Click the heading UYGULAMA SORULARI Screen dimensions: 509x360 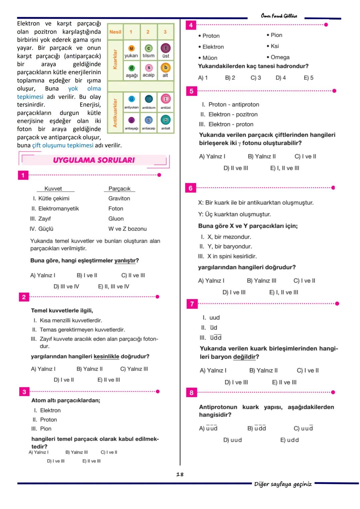pyautogui.click(x=94, y=160)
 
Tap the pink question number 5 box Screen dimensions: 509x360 pyautogui.click(x=191, y=91)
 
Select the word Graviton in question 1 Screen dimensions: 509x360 pyautogui.click(x=119, y=198)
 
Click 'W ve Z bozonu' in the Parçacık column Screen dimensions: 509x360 pyautogui.click(x=127, y=229)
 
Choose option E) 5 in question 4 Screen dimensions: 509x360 pyautogui.click(x=308, y=78)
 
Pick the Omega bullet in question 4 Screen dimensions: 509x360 pyautogui.click(x=278, y=57)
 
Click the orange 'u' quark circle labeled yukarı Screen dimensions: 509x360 pyautogui.click(x=131, y=48)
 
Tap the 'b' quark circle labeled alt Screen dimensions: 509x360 pyautogui.click(x=165, y=68)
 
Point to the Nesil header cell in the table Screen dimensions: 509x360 pyautogui.click(x=115, y=32)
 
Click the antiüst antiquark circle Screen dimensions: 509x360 pyautogui.click(x=166, y=99)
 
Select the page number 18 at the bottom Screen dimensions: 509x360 pyautogui.click(x=180, y=474)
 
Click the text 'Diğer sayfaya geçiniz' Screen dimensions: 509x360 pyautogui.click(x=283, y=484)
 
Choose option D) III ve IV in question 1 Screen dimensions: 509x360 pyautogui.click(x=66, y=286)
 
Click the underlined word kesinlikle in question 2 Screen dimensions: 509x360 pyautogui.click(x=106, y=356)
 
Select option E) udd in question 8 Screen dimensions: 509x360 pyautogui.click(x=289, y=440)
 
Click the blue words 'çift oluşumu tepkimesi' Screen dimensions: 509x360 pyautogui.click(x=63, y=145)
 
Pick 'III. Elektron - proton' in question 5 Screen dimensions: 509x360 pyautogui.click(x=226, y=124)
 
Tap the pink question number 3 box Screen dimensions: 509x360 pyautogui.click(x=24, y=392)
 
